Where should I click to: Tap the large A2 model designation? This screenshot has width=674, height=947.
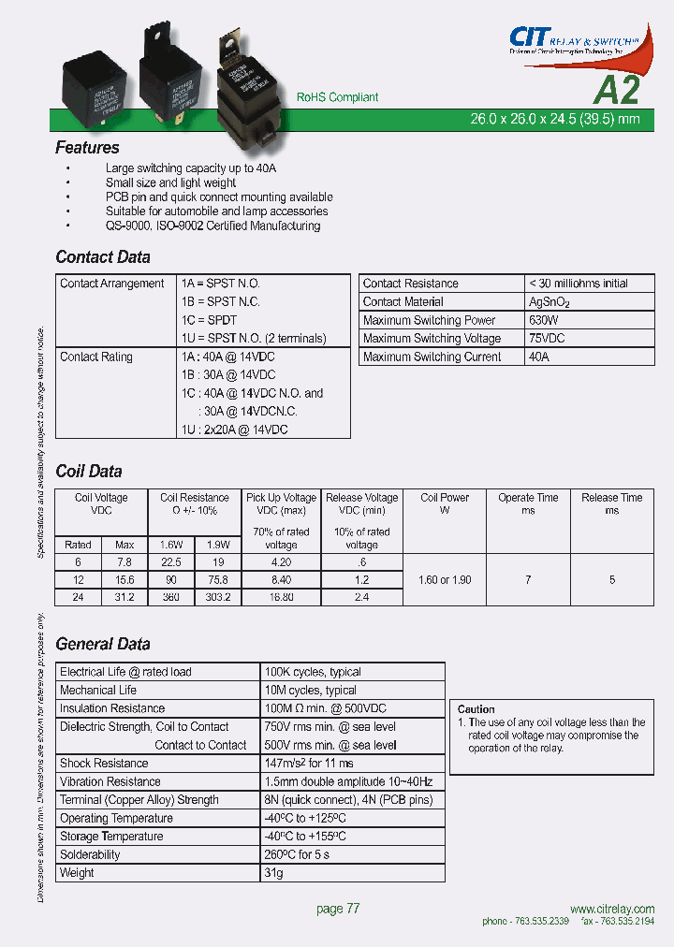[617, 90]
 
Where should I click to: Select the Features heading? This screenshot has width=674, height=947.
[87, 148]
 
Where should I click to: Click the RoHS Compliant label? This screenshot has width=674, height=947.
[337, 97]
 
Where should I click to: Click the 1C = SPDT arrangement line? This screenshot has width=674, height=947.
[209, 320]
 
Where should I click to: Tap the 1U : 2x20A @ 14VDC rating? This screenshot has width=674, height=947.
[234, 430]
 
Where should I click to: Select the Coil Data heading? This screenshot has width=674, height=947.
[89, 472]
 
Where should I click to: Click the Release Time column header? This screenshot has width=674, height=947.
[611, 503]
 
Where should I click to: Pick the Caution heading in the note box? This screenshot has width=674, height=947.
[476, 709]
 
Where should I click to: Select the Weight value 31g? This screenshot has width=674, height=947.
[273, 873]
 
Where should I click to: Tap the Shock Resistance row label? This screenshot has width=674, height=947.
[104, 764]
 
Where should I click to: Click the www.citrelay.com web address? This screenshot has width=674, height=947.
[611, 910]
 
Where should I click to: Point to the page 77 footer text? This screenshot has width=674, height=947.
[338, 909]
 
